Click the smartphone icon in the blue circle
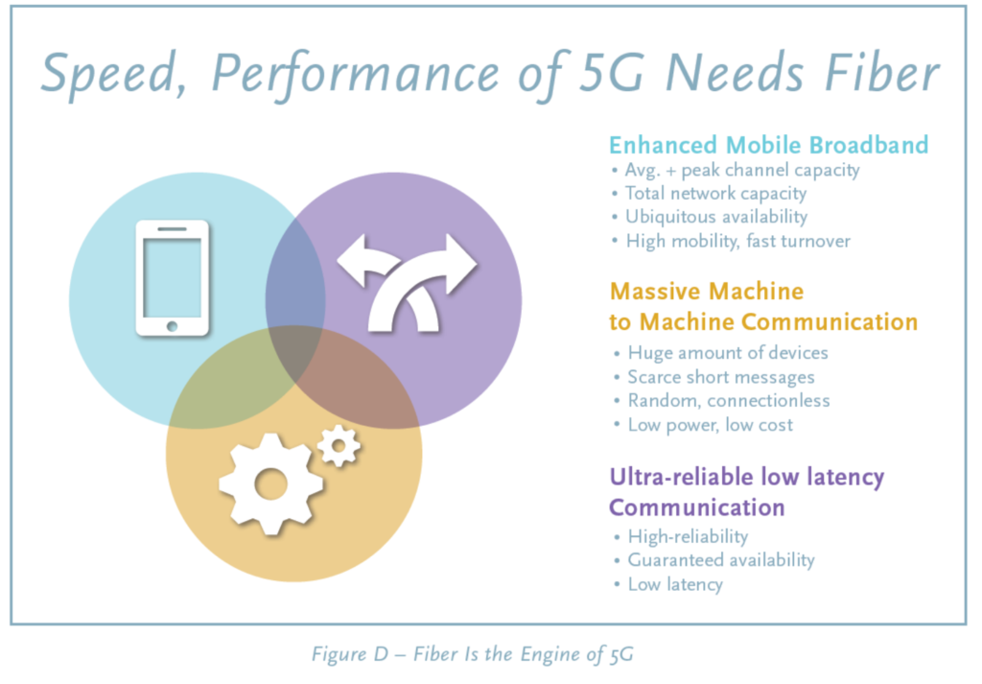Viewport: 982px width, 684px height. point(173,278)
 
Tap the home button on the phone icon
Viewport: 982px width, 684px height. point(173,326)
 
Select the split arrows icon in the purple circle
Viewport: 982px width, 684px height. point(407,283)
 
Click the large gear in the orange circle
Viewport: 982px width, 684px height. point(270,484)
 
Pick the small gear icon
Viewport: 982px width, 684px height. point(339,446)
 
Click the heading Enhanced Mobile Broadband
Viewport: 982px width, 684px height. point(768,145)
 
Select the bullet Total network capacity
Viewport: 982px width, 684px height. point(715,194)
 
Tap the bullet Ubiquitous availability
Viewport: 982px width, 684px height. point(716,217)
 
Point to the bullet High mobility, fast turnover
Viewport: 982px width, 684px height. point(737,241)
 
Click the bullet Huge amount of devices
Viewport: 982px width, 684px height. point(728,353)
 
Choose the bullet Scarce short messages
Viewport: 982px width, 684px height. point(721,377)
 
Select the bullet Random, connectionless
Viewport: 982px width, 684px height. point(729,401)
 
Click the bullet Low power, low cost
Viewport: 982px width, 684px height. point(711,425)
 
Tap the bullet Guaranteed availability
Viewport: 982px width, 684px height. point(721,560)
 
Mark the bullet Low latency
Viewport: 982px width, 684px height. point(675,584)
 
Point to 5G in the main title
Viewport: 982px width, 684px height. point(611,73)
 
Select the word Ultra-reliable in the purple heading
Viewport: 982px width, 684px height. point(682,477)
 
